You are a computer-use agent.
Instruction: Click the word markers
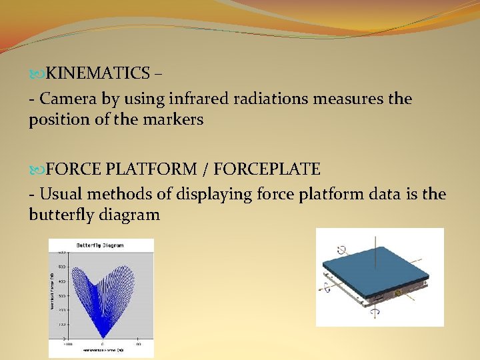[175, 120]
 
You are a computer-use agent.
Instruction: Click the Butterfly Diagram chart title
[101, 245]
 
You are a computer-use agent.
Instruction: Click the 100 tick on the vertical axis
[61, 324]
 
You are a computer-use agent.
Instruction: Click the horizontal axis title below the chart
[101, 350]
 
